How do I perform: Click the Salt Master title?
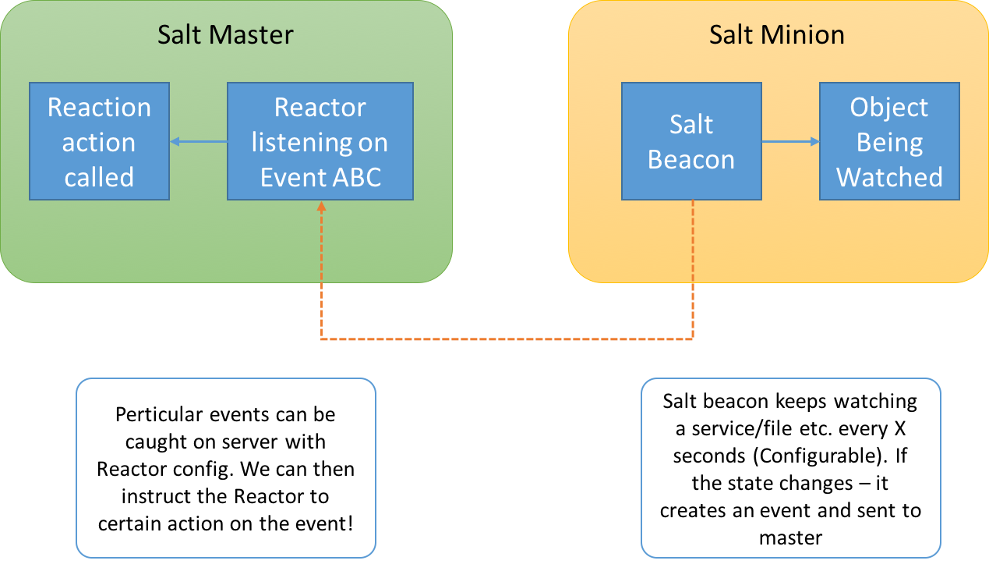click(225, 35)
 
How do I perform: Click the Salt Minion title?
click(776, 35)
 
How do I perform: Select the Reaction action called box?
click(99, 141)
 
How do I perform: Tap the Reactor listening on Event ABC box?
click(320, 141)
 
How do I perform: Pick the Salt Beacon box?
click(691, 141)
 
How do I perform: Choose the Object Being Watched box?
click(889, 141)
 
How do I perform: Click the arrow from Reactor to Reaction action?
click(198, 141)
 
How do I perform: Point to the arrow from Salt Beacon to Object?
click(790, 141)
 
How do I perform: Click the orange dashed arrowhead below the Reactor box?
click(320, 207)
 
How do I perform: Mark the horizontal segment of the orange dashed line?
click(507, 339)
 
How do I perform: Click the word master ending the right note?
click(790, 537)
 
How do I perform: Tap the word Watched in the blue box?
click(889, 178)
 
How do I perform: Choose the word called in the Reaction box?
click(99, 178)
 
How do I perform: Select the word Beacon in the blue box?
click(691, 160)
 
